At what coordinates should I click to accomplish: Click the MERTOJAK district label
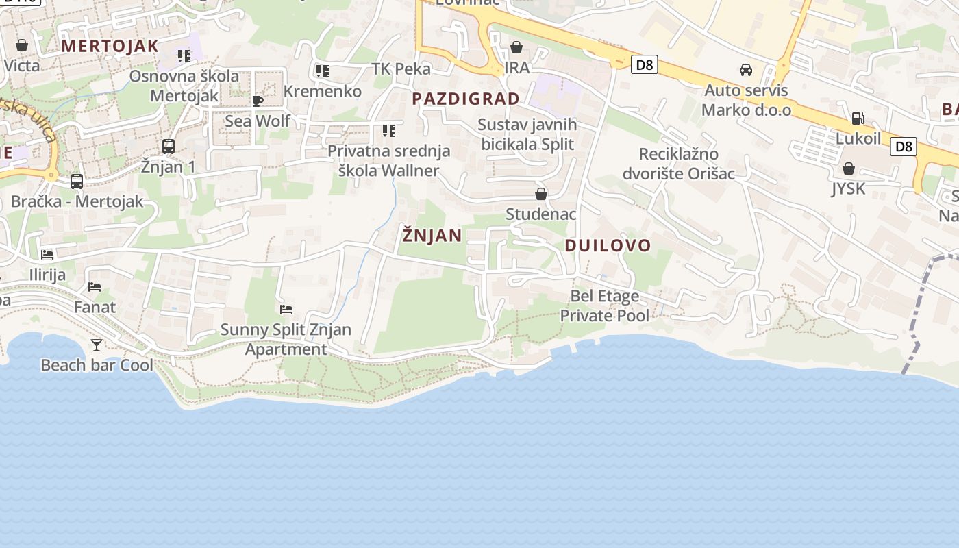tap(110, 47)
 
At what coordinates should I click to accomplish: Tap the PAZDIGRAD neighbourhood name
tap(466, 99)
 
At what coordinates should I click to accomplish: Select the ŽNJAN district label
tap(432, 236)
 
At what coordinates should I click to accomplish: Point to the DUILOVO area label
tap(608, 246)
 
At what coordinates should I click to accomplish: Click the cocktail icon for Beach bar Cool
tap(97, 345)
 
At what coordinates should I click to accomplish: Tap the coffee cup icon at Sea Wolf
tap(258, 101)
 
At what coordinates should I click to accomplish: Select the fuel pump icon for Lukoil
tap(858, 119)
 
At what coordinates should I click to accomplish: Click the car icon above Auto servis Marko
tap(746, 70)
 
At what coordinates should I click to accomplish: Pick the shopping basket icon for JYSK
tap(849, 169)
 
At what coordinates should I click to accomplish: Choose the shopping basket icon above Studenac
tap(541, 195)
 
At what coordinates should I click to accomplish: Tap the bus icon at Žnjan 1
tap(169, 146)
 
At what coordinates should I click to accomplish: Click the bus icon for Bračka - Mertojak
tap(77, 182)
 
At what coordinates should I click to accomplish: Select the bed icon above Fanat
tap(95, 287)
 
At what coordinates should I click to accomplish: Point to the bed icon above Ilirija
tap(47, 255)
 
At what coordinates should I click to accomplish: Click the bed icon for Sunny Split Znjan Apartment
tap(286, 310)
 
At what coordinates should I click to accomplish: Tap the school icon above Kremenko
tap(322, 71)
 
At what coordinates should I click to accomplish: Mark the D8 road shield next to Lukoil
tap(904, 146)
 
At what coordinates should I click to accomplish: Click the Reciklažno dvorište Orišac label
tap(678, 164)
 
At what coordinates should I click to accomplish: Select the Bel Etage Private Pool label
tap(605, 306)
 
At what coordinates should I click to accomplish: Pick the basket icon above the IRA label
tap(516, 47)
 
